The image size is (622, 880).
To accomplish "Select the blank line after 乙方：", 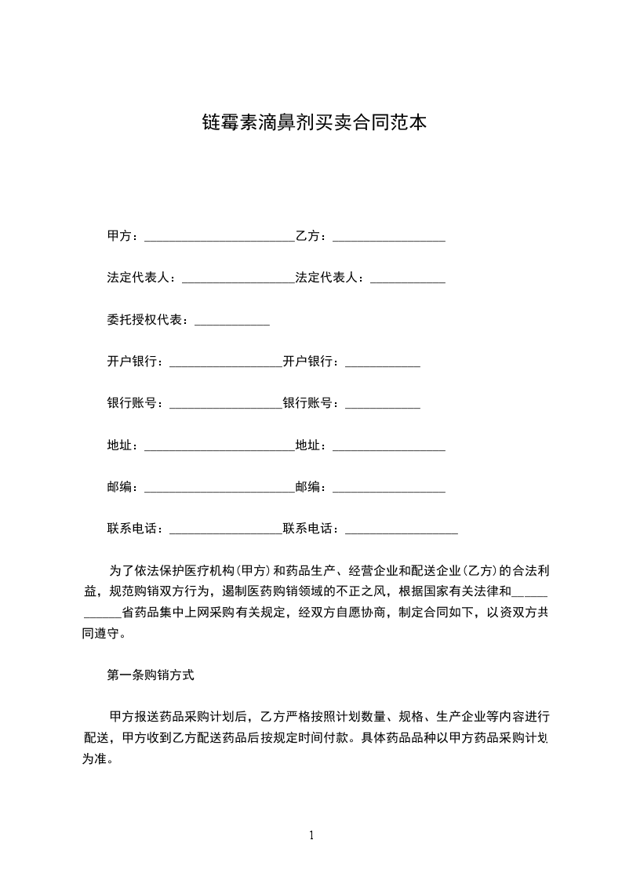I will coord(389,238).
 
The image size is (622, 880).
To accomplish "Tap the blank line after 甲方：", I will coord(220,238).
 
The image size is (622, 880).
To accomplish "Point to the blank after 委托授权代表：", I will coord(231,322).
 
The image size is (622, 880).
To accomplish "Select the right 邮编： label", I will coord(314,487).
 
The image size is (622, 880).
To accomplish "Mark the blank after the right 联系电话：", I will coord(402,532).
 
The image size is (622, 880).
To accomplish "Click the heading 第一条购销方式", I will coord(150,674).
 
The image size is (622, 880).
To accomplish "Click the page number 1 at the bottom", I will coord(311,835).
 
